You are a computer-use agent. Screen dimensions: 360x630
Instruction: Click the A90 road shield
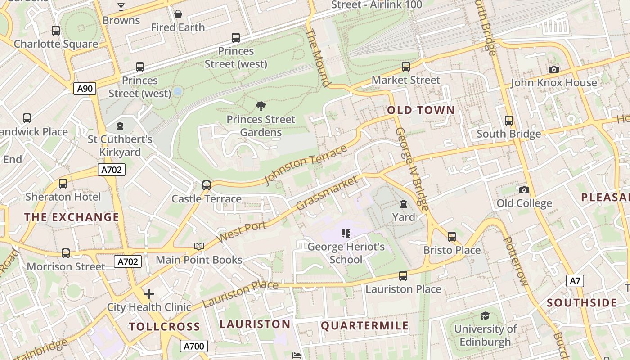[x=85, y=89]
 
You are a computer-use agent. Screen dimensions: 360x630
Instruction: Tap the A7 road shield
[x=576, y=281]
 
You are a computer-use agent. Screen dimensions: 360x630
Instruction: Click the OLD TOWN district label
[x=421, y=110]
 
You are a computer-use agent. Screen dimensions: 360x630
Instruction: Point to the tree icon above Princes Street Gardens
[x=261, y=106]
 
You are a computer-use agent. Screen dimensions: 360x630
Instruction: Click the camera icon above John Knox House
[x=554, y=69]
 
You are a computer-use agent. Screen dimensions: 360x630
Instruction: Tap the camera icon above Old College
[x=524, y=190]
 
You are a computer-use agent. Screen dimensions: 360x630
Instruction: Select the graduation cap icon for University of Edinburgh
[x=485, y=315]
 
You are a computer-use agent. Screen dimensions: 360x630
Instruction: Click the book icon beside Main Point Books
[x=199, y=246]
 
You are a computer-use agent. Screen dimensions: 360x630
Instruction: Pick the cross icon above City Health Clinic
[x=149, y=294]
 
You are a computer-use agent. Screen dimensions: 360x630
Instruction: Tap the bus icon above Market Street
[x=406, y=67]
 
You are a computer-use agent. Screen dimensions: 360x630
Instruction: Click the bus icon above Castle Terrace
[x=207, y=185]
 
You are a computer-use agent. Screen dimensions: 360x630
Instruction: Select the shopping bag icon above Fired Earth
[x=178, y=14]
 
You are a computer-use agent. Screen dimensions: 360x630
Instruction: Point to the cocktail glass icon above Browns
[x=121, y=7]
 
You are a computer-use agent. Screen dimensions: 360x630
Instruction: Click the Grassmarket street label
[x=328, y=193]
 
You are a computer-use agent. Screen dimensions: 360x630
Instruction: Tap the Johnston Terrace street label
[x=306, y=165]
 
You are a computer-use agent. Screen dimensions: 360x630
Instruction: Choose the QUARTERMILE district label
[x=364, y=326]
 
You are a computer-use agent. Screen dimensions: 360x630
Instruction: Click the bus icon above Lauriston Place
[x=403, y=276]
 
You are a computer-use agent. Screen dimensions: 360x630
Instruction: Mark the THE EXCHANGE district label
[x=72, y=217]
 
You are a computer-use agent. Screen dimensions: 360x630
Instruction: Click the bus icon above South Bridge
[x=509, y=121]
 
